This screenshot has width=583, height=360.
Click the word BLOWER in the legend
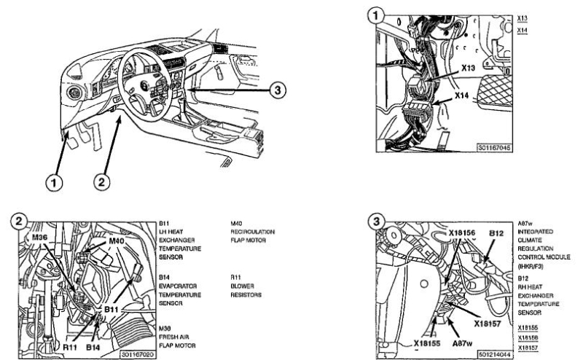pyautogui.click(x=243, y=286)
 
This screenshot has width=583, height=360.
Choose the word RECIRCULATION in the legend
pyautogui.click(x=253, y=233)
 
